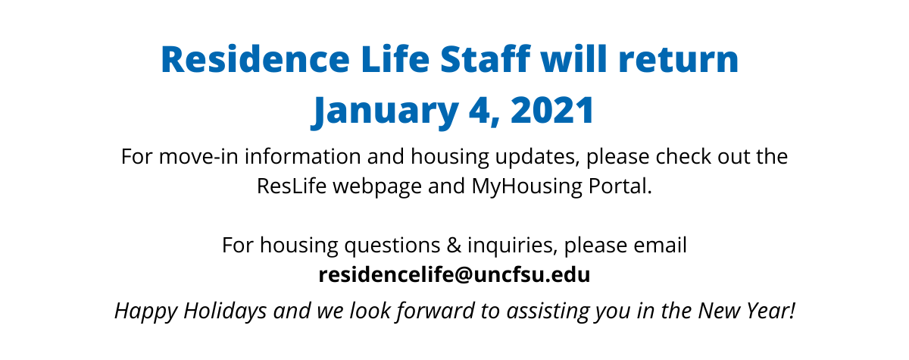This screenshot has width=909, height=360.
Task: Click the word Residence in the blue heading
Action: [x=255, y=60]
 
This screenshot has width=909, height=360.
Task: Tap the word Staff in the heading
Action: [x=486, y=59]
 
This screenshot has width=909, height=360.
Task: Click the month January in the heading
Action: [x=385, y=111]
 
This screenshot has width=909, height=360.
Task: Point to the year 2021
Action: [x=553, y=110]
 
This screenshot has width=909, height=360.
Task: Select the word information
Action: [x=303, y=157]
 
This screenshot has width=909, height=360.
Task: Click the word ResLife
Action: [x=292, y=186]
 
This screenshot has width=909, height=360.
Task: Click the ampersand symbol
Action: [x=454, y=245]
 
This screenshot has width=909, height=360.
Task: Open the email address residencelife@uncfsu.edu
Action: [x=454, y=275]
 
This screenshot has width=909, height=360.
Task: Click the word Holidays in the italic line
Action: [x=225, y=311]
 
